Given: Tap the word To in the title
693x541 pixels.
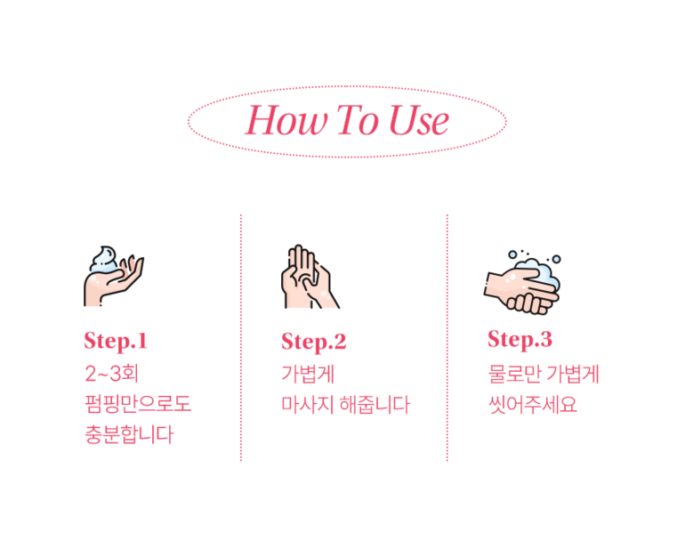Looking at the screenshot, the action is (358, 119).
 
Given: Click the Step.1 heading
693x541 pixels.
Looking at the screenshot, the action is (116, 342).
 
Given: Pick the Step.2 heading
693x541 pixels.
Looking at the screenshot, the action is (313, 343).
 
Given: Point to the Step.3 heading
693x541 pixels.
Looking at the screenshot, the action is (520, 340).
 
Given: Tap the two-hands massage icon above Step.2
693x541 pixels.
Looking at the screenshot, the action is (310, 276).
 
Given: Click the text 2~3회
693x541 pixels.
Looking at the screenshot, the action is (111, 374).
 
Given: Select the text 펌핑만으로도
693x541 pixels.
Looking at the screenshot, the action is (138, 404).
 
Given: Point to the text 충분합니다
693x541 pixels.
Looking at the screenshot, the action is (129, 434).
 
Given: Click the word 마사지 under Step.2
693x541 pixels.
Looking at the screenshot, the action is (307, 405).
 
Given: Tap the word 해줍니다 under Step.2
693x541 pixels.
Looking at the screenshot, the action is (375, 405).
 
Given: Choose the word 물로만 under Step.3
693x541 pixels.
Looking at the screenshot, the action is (514, 374).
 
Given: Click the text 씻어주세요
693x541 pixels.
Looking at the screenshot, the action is (533, 405).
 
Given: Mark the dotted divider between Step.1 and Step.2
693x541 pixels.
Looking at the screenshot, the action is (241, 338).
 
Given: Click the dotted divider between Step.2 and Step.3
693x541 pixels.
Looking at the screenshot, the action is (447, 338).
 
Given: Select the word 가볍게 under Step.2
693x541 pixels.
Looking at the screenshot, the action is (308, 374).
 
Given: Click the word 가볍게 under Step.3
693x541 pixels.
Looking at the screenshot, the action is (572, 374).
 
